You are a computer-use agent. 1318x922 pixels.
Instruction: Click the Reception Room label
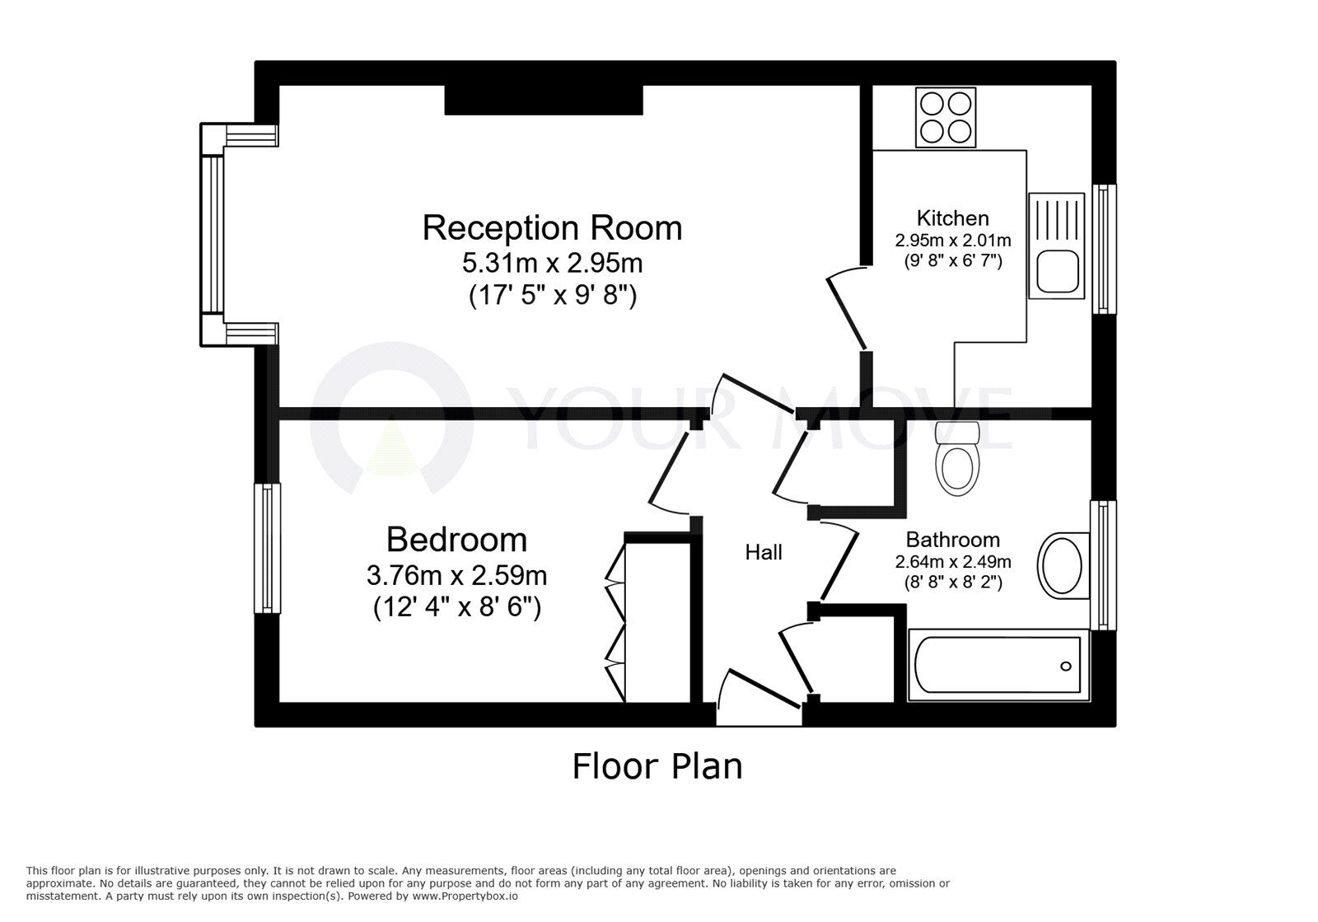552,228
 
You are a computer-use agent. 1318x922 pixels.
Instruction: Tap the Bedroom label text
456,540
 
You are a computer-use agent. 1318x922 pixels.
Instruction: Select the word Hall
764,553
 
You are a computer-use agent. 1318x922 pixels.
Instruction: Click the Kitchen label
952,218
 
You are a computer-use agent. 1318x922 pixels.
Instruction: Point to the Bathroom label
952,540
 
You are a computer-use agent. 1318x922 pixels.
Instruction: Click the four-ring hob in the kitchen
946,118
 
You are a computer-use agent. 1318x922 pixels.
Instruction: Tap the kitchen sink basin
1058,271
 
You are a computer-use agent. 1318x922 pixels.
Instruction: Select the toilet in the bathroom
956,458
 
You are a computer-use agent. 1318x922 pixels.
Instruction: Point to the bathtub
998,666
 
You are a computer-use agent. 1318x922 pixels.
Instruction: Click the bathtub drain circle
1066,666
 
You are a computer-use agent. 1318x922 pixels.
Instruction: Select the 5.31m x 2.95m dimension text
552,263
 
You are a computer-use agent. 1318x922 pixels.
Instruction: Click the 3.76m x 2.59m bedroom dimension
456,575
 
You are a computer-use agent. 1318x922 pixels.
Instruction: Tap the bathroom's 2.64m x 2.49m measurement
952,562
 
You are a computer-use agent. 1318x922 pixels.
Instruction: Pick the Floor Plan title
657,766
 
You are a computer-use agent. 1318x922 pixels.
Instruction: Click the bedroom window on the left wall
267,549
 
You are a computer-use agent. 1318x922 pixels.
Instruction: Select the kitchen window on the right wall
1105,249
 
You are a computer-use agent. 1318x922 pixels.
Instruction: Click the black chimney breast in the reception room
543,100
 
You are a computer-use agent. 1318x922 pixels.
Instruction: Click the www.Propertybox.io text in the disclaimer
465,896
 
